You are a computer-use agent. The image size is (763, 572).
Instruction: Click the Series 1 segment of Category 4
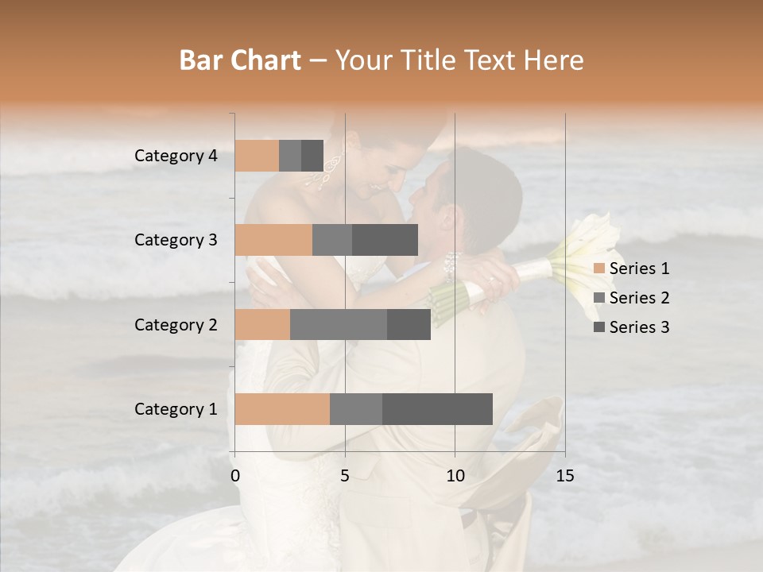(257, 156)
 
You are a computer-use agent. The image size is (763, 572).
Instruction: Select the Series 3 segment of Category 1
(437, 409)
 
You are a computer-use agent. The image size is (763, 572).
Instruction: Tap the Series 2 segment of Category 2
(339, 324)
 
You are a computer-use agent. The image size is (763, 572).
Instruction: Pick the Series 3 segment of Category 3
(385, 240)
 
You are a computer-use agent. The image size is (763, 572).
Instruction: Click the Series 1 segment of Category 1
(282, 409)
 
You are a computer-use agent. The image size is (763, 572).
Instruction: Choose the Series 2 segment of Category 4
(290, 156)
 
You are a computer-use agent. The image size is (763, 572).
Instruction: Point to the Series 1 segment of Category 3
(273, 240)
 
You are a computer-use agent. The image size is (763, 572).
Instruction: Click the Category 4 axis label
(176, 156)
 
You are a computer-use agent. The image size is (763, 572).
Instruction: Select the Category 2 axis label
(176, 324)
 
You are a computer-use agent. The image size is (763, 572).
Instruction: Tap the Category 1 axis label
(176, 409)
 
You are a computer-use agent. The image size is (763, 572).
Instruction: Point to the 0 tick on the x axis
(235, 476)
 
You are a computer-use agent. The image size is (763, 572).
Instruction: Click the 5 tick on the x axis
(345, 476)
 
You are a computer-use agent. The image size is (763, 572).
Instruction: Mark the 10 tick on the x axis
(455, 476)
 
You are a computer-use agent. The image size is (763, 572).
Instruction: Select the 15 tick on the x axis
(565, 476)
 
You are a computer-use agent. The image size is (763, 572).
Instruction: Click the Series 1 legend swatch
(598, 269)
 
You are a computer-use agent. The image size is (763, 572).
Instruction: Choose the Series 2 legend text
(639, 298)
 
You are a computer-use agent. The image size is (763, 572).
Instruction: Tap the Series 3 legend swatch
(598, 327)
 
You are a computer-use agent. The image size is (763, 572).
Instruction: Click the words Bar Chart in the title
(240, 60)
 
